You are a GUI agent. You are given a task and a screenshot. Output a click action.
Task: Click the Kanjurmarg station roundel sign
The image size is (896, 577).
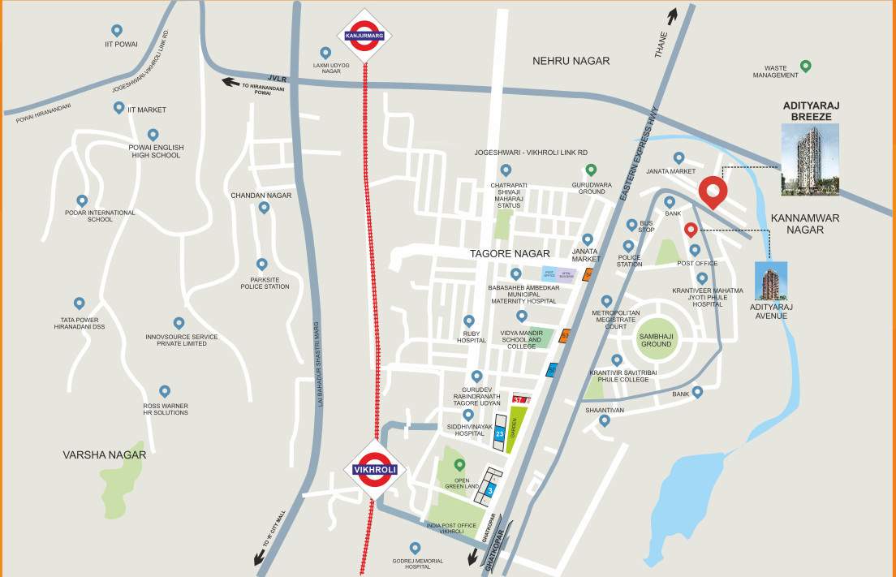point(364,36)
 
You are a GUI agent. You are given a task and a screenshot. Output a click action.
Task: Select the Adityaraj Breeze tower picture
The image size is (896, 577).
point(809,159)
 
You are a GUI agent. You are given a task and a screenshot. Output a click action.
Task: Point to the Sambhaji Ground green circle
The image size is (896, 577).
point(656,338)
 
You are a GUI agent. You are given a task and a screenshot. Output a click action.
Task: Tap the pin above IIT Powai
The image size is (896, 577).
point(118,30)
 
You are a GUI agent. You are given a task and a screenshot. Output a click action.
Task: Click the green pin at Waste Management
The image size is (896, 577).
point(805,66)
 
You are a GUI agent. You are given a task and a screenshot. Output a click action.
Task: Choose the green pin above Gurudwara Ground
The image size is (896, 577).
point(591,170)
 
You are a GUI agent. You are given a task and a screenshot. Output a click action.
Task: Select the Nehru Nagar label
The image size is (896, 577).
point(571,61)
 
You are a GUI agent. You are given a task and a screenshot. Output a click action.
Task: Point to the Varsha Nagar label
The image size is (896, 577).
point(105,455)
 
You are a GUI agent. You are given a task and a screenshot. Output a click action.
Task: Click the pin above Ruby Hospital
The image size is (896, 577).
point(468,321)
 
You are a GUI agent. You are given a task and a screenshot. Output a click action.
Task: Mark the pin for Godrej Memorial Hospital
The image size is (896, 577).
point(416,548)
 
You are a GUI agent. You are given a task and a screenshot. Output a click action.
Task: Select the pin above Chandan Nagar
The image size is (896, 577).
point(263,208)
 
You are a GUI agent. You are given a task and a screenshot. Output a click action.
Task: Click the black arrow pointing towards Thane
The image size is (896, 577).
point(672,15)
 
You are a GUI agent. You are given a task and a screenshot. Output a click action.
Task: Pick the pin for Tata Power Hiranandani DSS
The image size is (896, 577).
point(79,304)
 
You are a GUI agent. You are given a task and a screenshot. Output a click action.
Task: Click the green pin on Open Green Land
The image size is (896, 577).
point(460,465)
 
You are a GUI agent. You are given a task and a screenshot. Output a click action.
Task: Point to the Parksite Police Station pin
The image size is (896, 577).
point(261,265)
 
